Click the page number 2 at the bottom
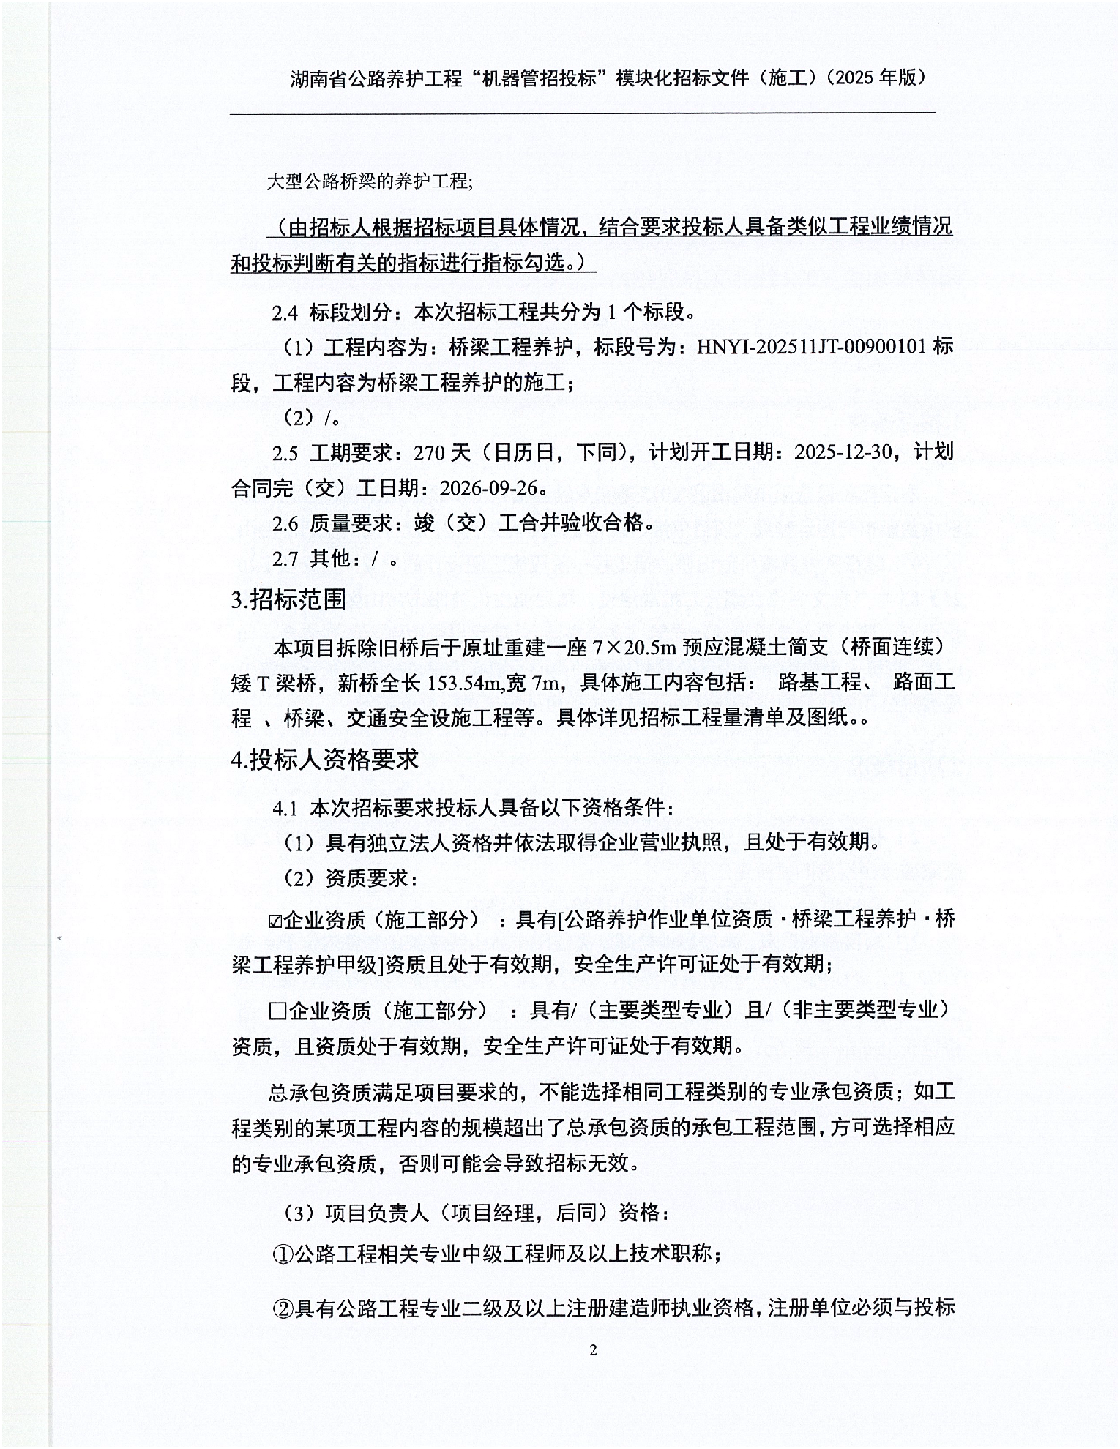click(x=593, y=1350)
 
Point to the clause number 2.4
click(x=285, y=313)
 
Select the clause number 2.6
click(x=285, y=524)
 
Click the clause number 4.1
click(x=285, y=809)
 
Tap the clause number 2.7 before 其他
click(x=285, y=559)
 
